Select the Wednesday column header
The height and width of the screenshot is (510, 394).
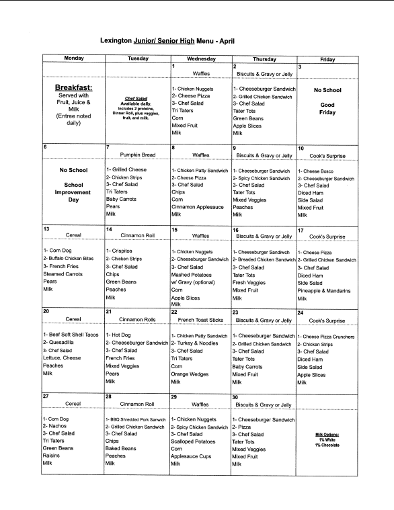tap(200, 59)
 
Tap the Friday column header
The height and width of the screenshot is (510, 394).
tap(327, 59)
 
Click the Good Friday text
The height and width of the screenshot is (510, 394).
tap(327, 110)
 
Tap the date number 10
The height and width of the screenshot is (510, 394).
tap(301, 148)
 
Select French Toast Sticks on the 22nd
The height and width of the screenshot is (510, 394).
tap(201, 320)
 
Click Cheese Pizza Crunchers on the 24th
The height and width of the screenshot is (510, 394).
tap(330, 336)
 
